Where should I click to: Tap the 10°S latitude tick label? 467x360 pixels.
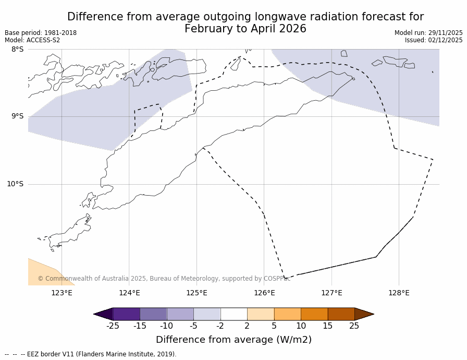(15, 184)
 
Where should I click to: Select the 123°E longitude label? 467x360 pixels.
(62, 293)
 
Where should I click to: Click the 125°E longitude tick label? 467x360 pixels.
(196, 293)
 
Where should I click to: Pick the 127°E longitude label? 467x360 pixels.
(331, 293)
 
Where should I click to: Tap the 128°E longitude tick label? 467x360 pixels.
(399, 293)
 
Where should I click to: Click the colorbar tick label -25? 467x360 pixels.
(113, 326)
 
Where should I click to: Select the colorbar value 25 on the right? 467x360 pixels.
(354, 326)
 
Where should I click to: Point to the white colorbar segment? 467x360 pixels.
(233, 314)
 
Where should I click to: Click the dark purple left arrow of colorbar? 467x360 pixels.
(103, 314)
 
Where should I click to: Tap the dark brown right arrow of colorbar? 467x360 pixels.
(364, 314)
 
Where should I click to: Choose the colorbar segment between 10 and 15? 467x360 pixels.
(314, 314)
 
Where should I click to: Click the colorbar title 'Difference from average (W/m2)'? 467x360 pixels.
(233, 340)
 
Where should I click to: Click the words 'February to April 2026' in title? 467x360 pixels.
(245, 29)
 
